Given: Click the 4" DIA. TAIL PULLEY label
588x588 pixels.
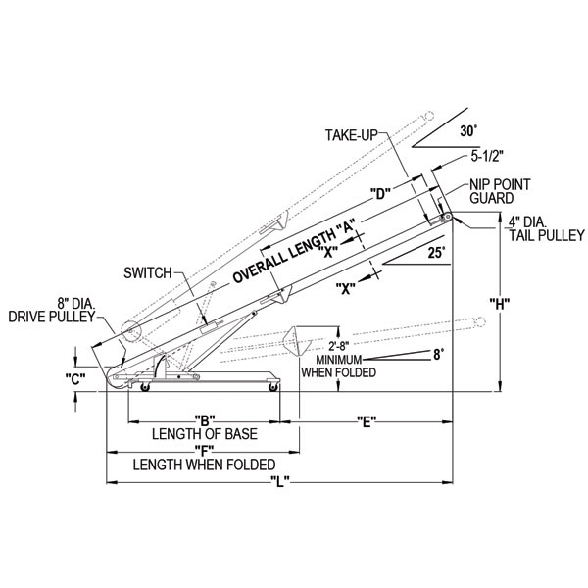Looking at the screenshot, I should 544,228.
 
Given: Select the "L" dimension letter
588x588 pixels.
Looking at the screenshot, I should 278,481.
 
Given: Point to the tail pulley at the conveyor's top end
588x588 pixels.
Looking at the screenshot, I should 446,218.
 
